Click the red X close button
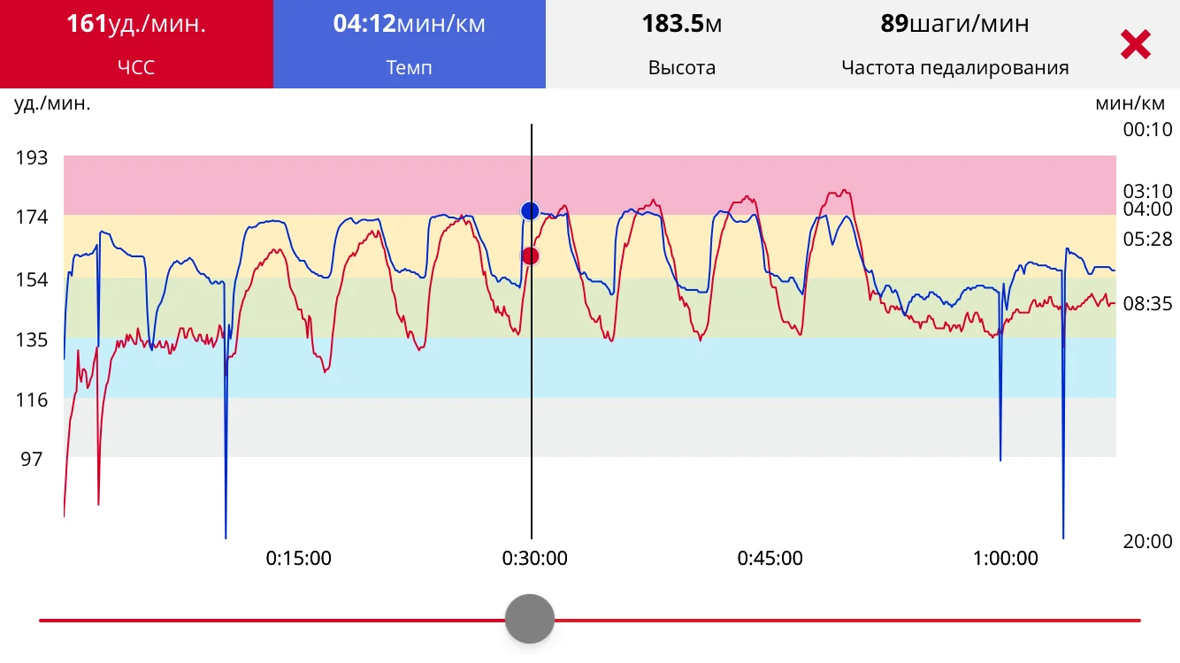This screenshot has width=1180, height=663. point(1135,44)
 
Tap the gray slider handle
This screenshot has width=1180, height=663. point(530,619)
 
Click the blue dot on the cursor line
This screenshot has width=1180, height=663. point(530,210)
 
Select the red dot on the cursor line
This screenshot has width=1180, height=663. point(530,256)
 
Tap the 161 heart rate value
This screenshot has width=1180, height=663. point(136,24)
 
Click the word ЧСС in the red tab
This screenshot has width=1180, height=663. point(136,67)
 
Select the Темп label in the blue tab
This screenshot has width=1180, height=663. point(409,67)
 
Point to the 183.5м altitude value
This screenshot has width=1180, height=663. point(681,24)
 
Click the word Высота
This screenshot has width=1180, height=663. point(681,67)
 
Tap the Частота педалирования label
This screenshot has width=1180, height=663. point(954,67)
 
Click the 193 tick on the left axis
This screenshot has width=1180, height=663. point(32,158)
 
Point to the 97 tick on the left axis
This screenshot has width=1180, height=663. point(32,459)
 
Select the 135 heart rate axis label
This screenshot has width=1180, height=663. point(32,340)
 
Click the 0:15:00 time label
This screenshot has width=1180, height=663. point(299,558)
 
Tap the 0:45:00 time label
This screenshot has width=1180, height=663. point(770,558)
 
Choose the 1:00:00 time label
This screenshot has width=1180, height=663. point(1006,558)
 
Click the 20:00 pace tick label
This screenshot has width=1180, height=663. point(1147,541)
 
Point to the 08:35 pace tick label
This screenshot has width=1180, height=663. point(1147,303)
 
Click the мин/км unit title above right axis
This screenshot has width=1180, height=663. point(1130,103)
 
